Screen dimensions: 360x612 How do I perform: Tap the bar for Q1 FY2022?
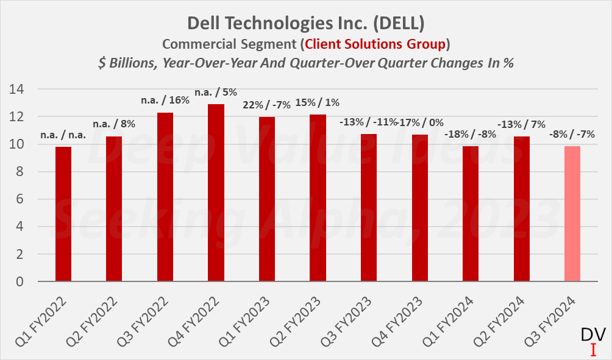click(x=63, y=214)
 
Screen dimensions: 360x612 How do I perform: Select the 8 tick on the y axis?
click(x=20, y=172)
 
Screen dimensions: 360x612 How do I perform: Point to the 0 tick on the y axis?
click(x=20, y=283)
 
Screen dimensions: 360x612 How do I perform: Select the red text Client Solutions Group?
click(x=375, y=44)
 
